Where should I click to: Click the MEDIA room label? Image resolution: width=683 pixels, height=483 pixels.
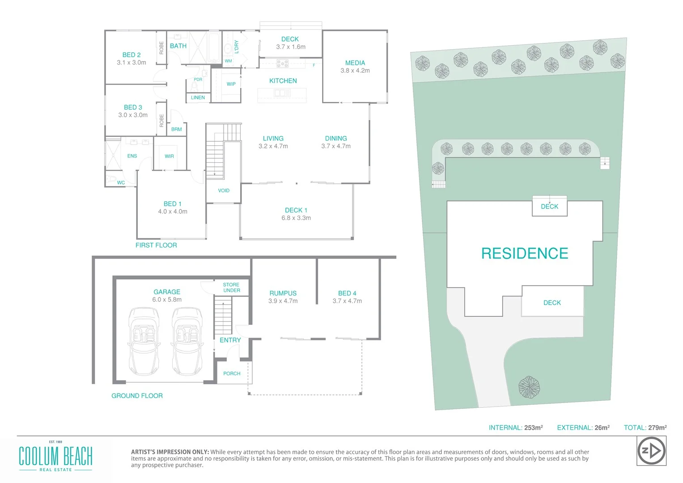(355, 63)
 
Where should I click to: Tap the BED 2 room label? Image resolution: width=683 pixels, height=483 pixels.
(132, 55)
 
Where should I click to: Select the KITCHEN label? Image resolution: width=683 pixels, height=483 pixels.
(283, 81)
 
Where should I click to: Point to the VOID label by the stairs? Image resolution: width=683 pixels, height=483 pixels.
(224, 191)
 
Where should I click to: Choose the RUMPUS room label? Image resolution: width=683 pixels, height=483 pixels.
(283, 293)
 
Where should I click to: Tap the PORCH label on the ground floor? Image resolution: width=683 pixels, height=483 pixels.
(232, 373)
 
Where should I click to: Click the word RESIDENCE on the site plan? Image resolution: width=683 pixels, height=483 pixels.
(524, 254)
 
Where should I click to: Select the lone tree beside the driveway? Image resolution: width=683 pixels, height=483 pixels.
(529, 387)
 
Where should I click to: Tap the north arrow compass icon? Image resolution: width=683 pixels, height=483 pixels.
(651, 451)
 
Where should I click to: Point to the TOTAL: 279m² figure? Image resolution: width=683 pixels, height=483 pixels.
(645, 428)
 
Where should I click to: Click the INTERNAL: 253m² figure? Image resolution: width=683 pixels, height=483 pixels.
(515, 428)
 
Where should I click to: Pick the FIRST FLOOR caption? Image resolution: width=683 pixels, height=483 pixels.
(156, 245)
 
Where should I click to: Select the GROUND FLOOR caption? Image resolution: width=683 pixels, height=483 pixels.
(137, 396)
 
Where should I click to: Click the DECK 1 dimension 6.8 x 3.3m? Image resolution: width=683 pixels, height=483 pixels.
(296, 218)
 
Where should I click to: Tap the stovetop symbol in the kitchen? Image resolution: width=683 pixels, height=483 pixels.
(282, 64)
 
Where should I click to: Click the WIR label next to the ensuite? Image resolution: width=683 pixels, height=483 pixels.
(169, 156)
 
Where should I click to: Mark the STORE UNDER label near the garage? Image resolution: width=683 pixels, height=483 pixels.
(231, 288)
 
